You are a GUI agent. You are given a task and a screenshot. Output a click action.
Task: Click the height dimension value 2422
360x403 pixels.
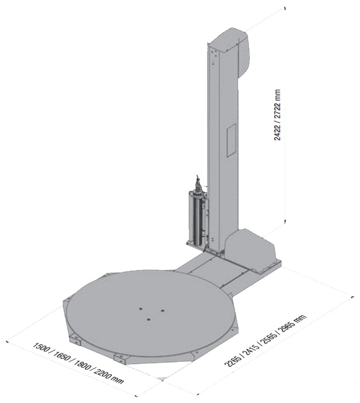[x=277, y=130]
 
